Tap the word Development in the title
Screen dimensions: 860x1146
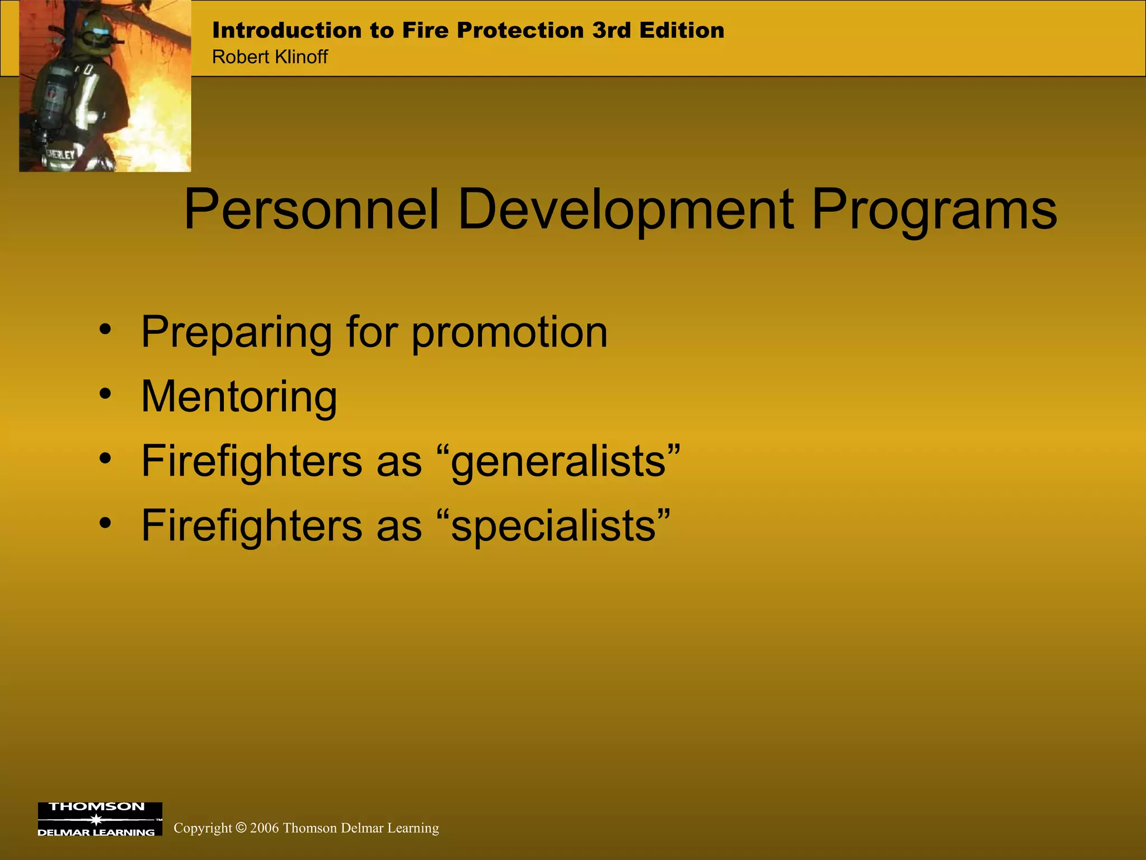pos(625,209)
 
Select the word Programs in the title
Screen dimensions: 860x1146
pos(934,209)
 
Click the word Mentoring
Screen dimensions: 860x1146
pos(239,396)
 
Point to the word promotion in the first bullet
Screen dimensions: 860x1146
pos(509,333)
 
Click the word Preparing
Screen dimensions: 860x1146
pos(236,333)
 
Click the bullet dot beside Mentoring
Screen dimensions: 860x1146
pos(105,394)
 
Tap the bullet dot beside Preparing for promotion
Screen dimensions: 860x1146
pos(105,330)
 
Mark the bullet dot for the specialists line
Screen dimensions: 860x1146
pos(105,523)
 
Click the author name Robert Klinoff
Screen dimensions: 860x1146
pos(270,57)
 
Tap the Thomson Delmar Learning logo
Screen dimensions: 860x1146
pos(100,819)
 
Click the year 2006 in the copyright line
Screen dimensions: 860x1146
pos(264,828)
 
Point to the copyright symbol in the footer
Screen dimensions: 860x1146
pos(241,828)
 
